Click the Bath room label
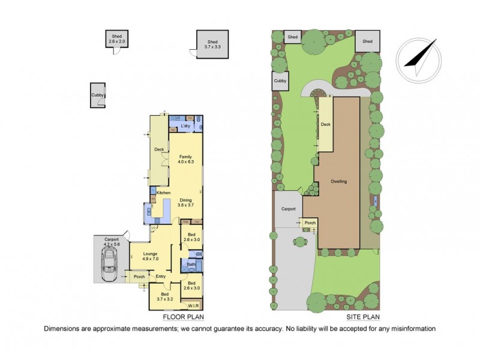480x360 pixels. click(x=190, y=264)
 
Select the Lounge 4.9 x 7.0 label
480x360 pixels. click(x=150, y=256)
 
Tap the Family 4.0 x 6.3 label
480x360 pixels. click(x=186, y=159)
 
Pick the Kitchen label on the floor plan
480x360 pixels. click(x=164, y=193)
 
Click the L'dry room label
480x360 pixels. click(x=185, y=127)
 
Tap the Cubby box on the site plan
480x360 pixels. click(x=280, y=81)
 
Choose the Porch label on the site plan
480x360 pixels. click(x=310, y=223)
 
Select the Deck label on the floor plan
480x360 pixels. click(x=159, y=150)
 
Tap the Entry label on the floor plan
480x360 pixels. click(x=160, y=277)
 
